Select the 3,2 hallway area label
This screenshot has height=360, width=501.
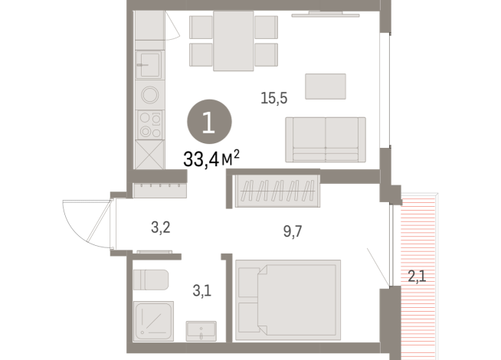160,227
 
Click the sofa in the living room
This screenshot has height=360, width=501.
325,139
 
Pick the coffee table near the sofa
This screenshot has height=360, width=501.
326,86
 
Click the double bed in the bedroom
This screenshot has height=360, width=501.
287,299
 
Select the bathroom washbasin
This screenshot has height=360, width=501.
203,330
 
